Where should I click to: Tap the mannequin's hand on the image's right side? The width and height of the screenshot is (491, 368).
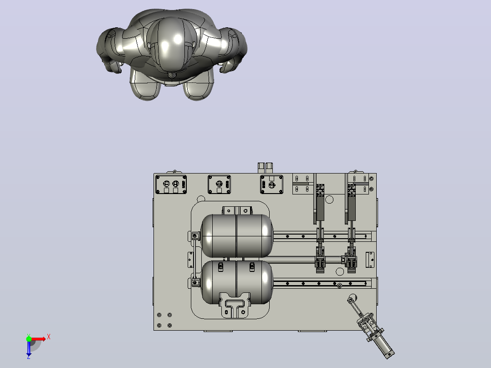tap(229, 66)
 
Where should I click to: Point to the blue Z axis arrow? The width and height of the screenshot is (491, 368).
tap(29, 348)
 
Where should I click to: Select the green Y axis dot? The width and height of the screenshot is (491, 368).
tap(29, 339)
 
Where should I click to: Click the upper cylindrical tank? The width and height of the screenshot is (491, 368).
tap(237, 236)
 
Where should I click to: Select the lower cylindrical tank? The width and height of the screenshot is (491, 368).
tap(237, 282)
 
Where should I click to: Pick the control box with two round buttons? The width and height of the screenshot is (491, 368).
tap(171, 184)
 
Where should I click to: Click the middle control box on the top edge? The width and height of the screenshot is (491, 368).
tap(219, 184)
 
